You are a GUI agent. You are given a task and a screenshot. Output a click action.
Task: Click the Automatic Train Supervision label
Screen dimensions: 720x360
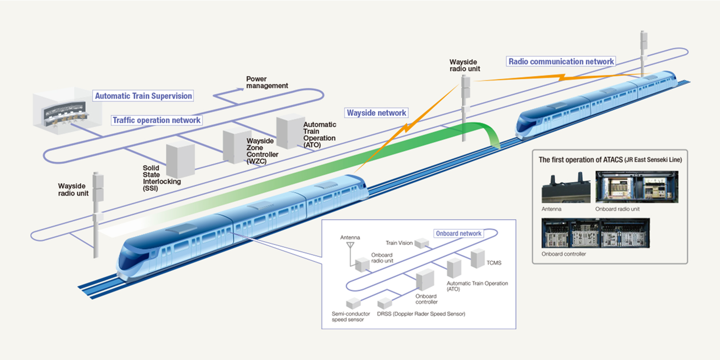click(x=144, y=96)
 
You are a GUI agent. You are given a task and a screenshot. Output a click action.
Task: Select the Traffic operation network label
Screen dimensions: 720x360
click(x=156, y=120)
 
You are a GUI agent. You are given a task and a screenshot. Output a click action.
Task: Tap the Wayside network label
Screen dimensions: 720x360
click(x=376, y=113)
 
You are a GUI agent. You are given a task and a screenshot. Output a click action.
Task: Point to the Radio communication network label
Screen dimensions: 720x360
click(x=561, y=62)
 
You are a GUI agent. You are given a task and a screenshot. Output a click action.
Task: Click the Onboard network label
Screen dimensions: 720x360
click(x=458, y=234)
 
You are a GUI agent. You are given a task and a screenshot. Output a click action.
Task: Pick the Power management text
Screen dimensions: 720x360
click(x=267, y=82)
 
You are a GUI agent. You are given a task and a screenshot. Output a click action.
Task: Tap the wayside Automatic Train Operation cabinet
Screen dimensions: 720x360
click(x=290, y=132)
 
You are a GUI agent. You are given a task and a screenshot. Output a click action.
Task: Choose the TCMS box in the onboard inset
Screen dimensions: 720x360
click(x=478, y=258)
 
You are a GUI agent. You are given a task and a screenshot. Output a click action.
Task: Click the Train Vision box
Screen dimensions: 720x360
click(x=422, y=243)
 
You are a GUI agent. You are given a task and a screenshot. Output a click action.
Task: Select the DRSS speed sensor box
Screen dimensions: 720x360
click(x=385, y=303)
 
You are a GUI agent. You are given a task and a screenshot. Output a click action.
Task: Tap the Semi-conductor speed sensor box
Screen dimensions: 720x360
click(x=354, y=303)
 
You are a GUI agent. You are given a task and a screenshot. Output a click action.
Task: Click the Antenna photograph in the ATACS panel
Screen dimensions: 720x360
click(x=566, y=188)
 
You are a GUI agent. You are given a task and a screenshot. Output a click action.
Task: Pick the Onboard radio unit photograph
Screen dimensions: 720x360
click(x=637, y=187)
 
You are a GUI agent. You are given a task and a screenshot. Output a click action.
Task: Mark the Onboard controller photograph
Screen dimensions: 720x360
click(x=596, y=233)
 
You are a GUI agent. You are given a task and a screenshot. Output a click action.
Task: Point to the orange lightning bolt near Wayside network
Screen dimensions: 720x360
click(x=406, y=128)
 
